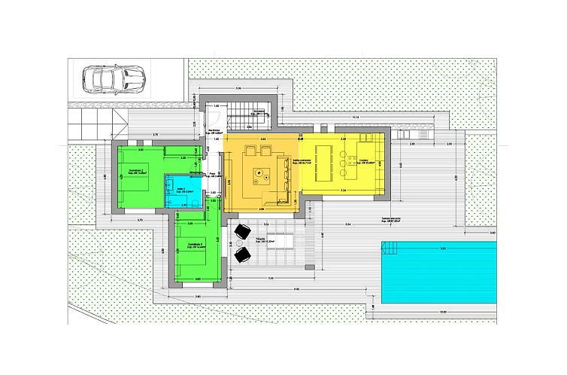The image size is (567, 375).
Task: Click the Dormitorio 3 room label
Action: (197, 245)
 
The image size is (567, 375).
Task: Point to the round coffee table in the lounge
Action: (259, 173)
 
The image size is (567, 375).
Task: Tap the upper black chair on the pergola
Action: (243, 231)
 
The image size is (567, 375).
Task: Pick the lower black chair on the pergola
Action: (243, 255)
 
